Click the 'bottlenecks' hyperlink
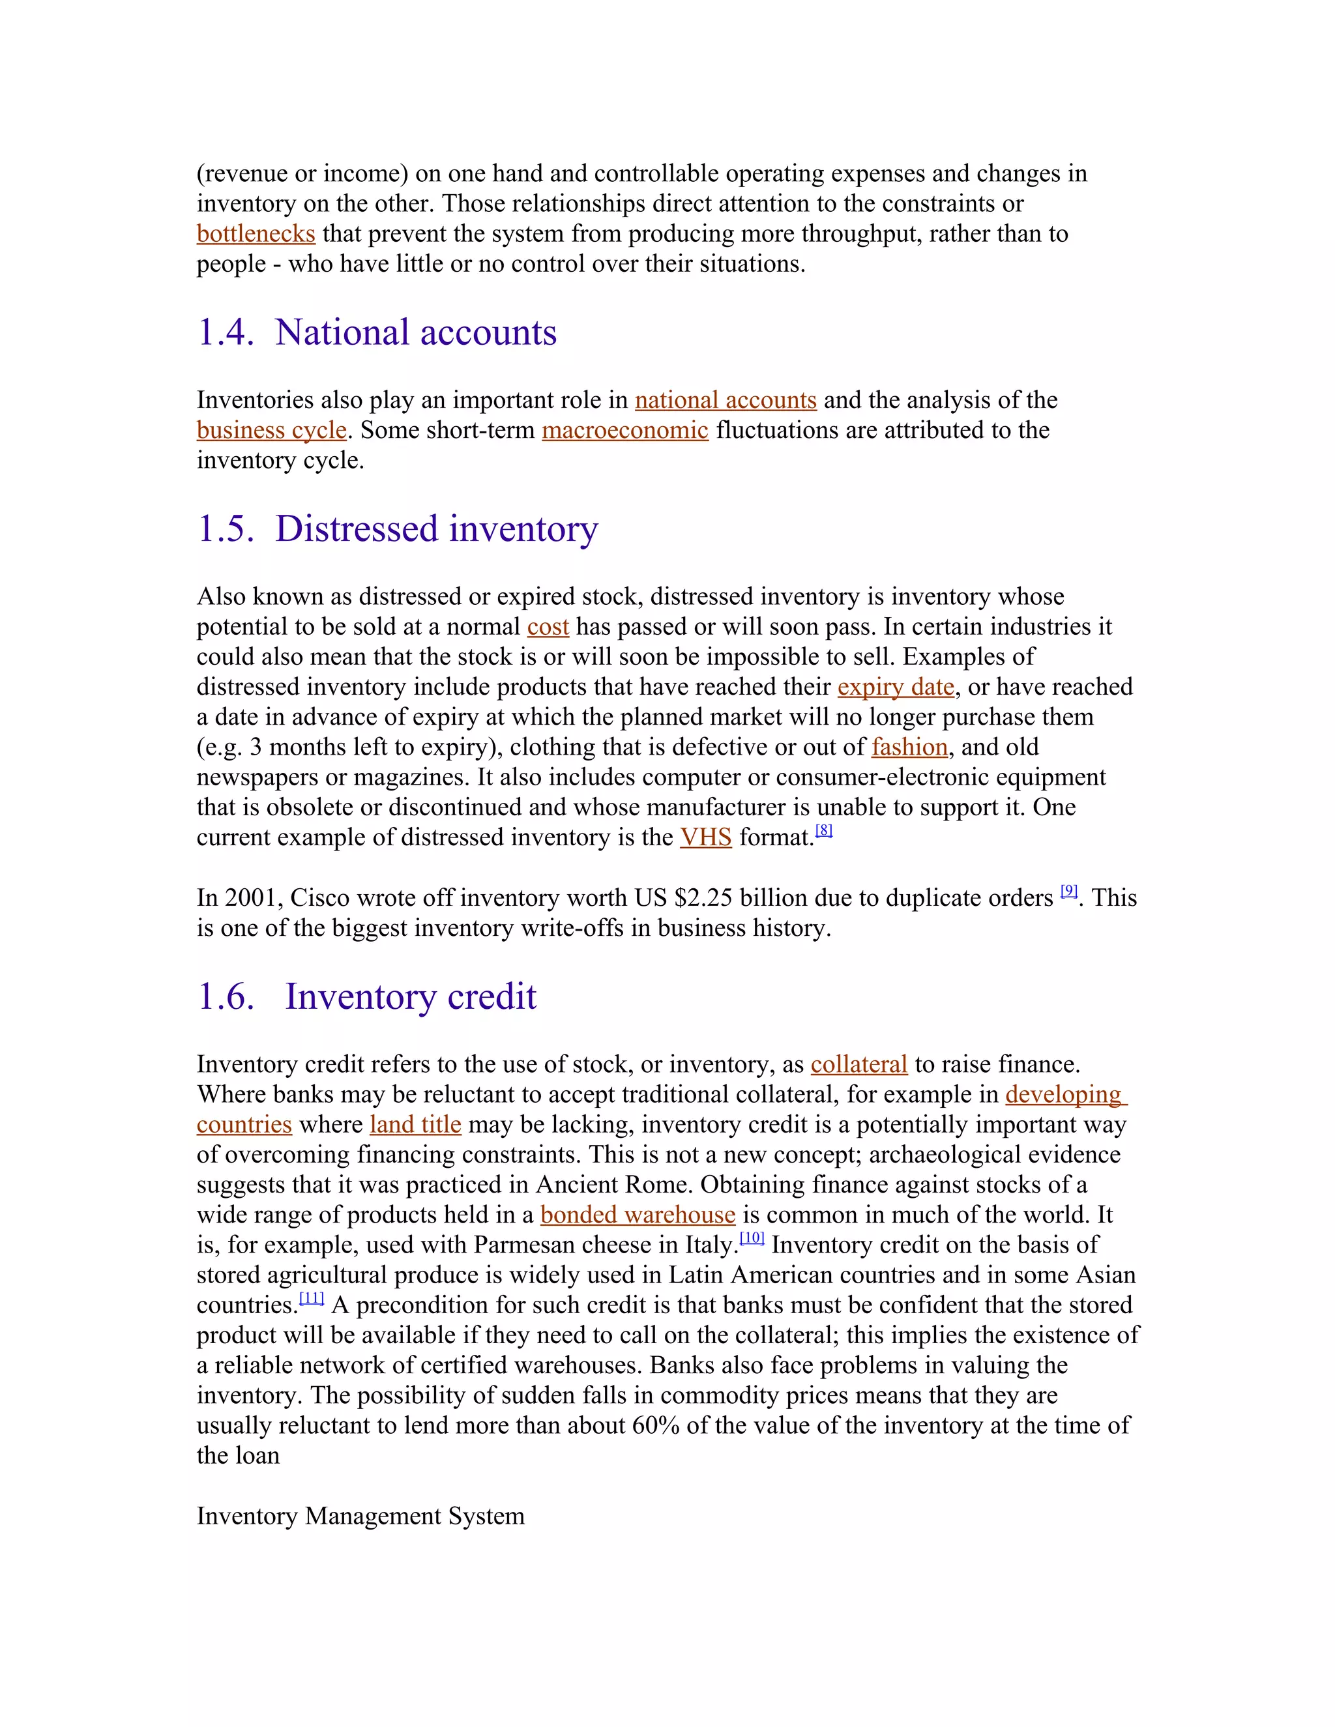256,234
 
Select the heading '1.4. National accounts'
377,332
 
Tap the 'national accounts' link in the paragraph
726,400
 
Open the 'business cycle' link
271,430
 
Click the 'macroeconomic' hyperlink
624,430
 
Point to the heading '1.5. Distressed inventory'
397,529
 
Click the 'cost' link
548,627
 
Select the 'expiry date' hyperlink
895,687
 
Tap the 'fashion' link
909,747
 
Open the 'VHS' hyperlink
705,837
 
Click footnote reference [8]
823,830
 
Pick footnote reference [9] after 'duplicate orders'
1068,890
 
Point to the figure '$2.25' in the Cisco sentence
707,898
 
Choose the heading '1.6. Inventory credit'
367,996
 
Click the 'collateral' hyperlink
859,1064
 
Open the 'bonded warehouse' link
638,1215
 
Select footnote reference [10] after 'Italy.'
752,1238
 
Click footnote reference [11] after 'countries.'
312,1298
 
